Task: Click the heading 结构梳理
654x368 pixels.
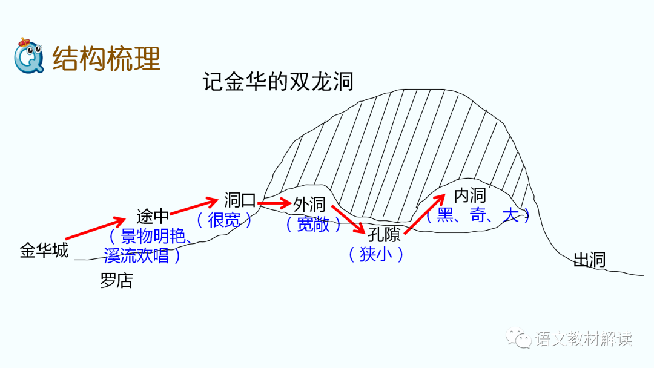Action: pos(107,59)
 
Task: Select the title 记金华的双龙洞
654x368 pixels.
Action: pos(279,82)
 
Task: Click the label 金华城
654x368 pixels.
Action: pos(44,250)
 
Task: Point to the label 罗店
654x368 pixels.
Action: pos(116,281)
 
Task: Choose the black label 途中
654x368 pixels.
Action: pos(153,216)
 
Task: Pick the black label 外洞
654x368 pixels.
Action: pos(309,205)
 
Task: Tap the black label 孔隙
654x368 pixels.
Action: pos(384,234)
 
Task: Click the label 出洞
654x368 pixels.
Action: pos(589,260)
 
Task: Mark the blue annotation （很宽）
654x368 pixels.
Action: pos(224,220)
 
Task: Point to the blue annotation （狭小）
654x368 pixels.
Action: pos(376,254)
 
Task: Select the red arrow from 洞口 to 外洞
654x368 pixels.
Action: pos(274,203)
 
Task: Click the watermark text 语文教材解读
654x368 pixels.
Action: pos(583,339)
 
